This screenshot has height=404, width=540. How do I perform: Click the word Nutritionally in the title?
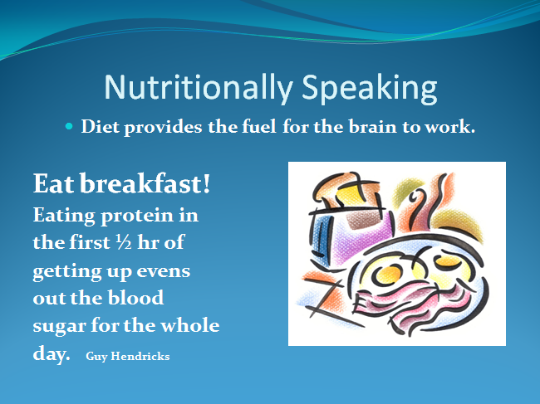199,89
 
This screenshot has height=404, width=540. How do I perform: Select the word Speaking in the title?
370,89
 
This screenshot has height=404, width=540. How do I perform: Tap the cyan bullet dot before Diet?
69,127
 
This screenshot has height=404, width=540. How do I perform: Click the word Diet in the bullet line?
100,127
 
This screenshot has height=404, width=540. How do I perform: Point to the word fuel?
259,127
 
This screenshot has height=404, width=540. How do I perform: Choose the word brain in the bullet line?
373,127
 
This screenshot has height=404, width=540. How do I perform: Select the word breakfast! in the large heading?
145,183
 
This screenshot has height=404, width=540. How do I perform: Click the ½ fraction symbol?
124,242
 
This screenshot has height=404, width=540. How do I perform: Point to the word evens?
163,271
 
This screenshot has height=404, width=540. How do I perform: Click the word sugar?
59,327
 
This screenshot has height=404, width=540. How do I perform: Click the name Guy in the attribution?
96,357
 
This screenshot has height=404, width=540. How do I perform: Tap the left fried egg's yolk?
389,275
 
